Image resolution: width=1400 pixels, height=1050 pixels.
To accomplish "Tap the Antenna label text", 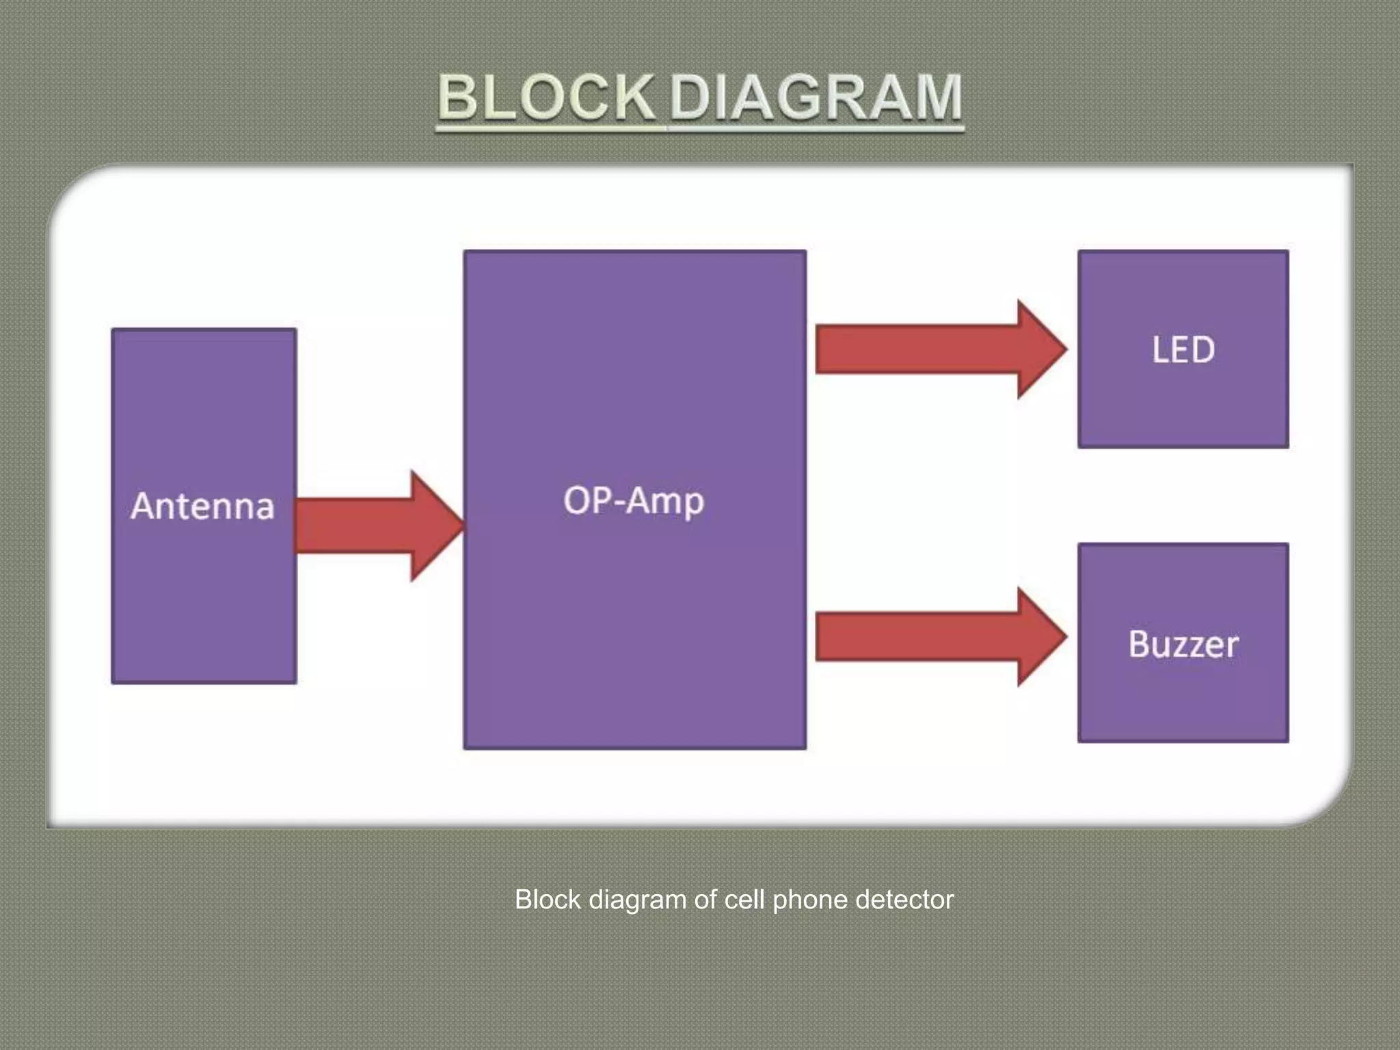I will coord(203,506).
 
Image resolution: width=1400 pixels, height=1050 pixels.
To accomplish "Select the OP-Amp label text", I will coord(634,500).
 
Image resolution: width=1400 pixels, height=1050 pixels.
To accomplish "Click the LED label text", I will coord(1183,350).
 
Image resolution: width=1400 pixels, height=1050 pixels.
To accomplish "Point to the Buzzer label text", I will coord(1183,644).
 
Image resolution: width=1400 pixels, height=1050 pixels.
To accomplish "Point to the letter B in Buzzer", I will coord(1140,644).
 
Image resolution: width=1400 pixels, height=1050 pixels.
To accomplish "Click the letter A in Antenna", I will coord(144,506).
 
